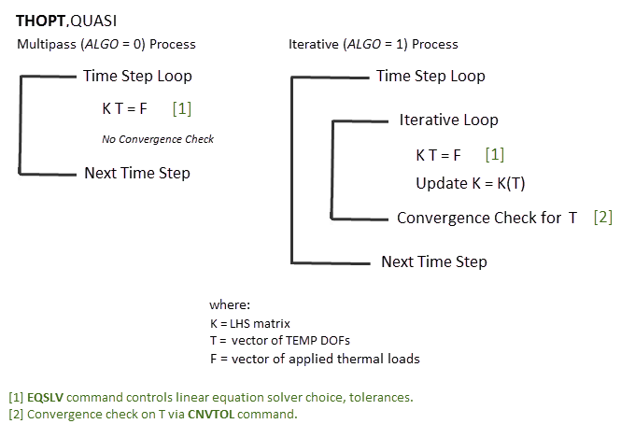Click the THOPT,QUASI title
pos(66,19)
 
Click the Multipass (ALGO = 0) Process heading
pos(106,44)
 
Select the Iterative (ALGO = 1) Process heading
pos(374,44)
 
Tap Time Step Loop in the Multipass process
pos(137,76)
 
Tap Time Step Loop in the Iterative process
pos(430,76)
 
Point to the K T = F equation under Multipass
pos(124,108)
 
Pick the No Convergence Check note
pos(158,139)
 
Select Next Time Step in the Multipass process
pos(137,173)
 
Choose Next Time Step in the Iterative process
pos(434,261)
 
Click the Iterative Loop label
pos(448,120)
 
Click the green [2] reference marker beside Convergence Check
pos(603,218)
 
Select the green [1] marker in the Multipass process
pos(182,108)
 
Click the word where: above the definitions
pos(231,304)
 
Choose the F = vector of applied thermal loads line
pos(315,359)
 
